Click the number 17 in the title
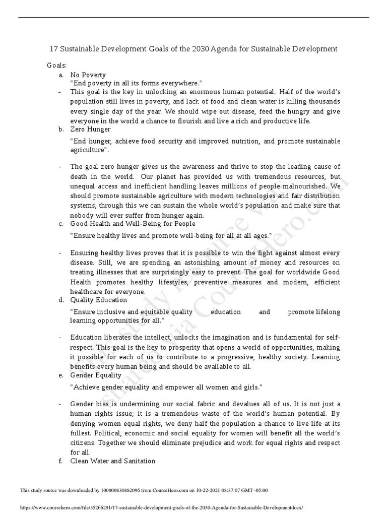(54, 49)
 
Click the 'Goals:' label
(57, 66)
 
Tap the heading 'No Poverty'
(88, 75)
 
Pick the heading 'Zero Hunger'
(90, 129)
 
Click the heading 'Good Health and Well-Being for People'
(133, 223)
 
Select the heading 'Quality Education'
(98, 300)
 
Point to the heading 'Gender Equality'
(96, 375)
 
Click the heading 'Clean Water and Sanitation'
(113, 461)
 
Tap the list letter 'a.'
(61, 75)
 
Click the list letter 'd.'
(61, 300)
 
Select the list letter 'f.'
(61, 461)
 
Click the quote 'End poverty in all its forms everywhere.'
(136, 83)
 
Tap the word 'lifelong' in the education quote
(327, 312)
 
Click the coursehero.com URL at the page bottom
(161, 508)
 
